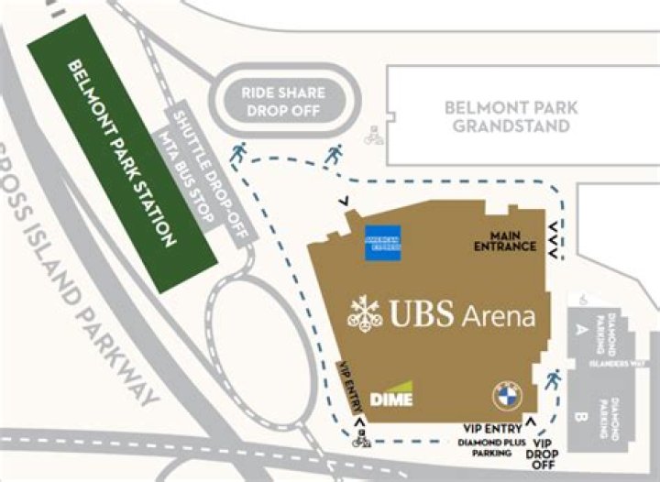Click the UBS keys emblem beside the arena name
(365, 315)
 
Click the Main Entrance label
(504, 240)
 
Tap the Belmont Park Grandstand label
(511, 116)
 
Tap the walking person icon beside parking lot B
(552, 379)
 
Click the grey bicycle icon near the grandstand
(373, 137)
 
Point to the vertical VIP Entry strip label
(348, 389)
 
